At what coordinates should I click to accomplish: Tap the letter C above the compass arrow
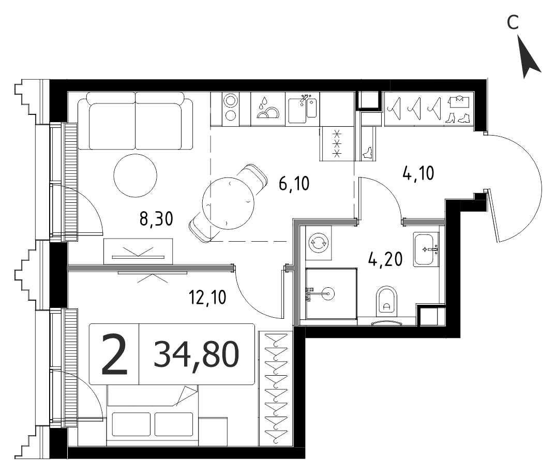(x=513, y=22)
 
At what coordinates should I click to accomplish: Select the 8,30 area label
(x=156, y=219)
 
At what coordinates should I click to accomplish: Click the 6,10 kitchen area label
(x=294, y=184)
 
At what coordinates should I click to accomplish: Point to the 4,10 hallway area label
(x=418, y=173)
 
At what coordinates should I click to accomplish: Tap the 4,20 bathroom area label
(x=386, y=259)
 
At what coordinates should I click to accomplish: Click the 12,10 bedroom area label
(x=207, y=298)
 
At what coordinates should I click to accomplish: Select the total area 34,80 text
(x=197, y=354)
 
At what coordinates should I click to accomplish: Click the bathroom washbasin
(x=426, y=249)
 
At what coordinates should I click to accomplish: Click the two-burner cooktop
(x=231, y=109)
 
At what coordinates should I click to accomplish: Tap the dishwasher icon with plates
(x=268, y=109)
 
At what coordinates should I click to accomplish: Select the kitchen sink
(x=303, y=109)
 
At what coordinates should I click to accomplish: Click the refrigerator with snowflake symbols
(x=337, y=144)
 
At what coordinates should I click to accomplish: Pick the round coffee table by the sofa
(x=136, y=175)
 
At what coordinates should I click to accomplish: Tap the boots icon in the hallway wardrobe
(x=458, y=118)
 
